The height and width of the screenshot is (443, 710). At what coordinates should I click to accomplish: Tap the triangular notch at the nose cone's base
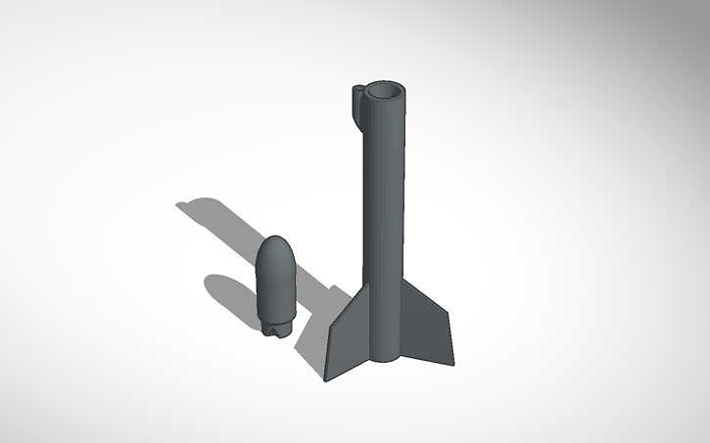(279, 332)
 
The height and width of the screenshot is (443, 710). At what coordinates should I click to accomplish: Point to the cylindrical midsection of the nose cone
(277, 288)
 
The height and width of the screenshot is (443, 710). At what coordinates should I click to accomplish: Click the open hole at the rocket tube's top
(384, 94)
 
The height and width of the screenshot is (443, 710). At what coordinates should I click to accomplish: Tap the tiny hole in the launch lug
(357, 91)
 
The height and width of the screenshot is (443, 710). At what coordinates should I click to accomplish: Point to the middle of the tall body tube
(384, 215)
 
